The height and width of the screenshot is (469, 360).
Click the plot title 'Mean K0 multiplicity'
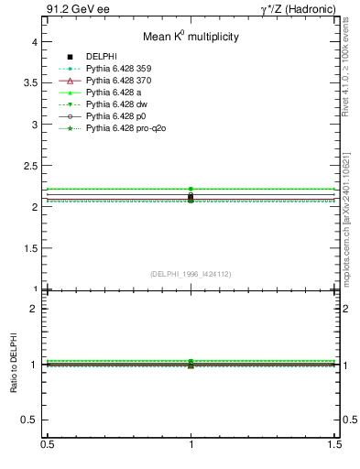tap(191, 38)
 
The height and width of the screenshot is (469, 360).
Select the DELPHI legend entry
tap(100, 57)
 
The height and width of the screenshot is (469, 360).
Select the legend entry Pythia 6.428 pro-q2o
tap(125, 128)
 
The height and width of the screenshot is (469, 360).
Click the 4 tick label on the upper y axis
tap(34, 42)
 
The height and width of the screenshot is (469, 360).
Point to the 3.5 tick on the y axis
tap(30, 83)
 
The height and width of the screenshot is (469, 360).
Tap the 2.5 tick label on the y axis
tap(30, 166)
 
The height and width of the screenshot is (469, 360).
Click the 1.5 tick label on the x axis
tap(336, 444)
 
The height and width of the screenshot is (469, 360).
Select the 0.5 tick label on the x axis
tap(47, 444)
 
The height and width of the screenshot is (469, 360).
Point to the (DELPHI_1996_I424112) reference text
tap(191, 273)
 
